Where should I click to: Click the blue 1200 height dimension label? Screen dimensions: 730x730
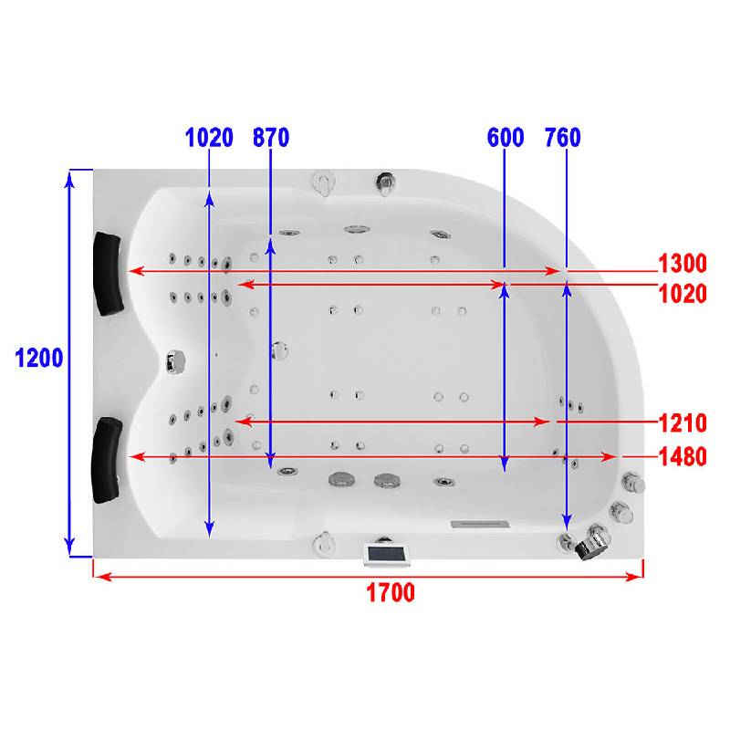click(x=39, y=358)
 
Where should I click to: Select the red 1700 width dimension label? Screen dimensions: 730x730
click(x=391, y=592)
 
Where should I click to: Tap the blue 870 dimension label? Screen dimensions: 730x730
click(x=271, y=138)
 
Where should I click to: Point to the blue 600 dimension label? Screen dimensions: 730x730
click(x=506, y=138)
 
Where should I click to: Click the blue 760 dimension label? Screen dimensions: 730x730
click(x=563, y=138)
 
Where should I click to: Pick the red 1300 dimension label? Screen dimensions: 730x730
click(x=683, y=263)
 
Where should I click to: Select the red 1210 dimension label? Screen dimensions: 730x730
click(x=683, y=423)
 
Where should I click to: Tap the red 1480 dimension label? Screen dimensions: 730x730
click(x=683, y=457)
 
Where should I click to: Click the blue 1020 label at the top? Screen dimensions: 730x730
click(x=209, y=138)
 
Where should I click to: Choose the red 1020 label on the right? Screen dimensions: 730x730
click(x=683, y=294)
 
